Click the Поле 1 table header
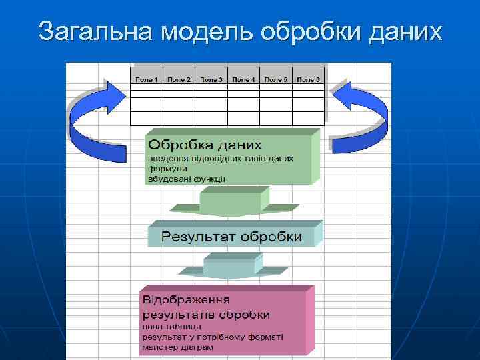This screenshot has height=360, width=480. point(147,79)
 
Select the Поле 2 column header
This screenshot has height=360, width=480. point(179,79)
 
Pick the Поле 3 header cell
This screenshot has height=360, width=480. point(211,79)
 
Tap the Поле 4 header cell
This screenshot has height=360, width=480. point(243,79)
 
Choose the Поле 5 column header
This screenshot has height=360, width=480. point(276,79)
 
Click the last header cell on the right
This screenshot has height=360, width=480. point(308,79)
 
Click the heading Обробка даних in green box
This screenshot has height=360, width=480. point(205,145)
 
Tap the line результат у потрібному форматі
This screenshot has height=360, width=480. point(212,337)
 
